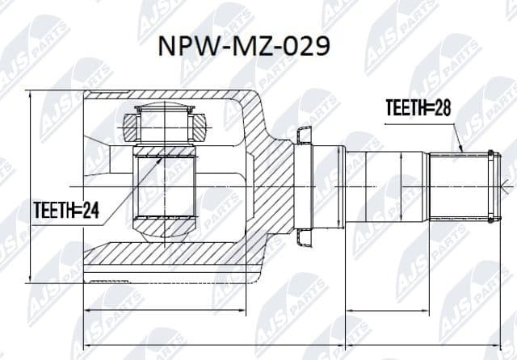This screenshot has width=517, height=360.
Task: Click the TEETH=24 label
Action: coord(66,211)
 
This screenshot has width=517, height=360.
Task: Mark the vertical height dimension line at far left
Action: coord(30,186)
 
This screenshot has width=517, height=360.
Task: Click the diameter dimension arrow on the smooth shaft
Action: coord(401,185)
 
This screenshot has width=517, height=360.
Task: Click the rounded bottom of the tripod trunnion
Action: coord(163,231)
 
